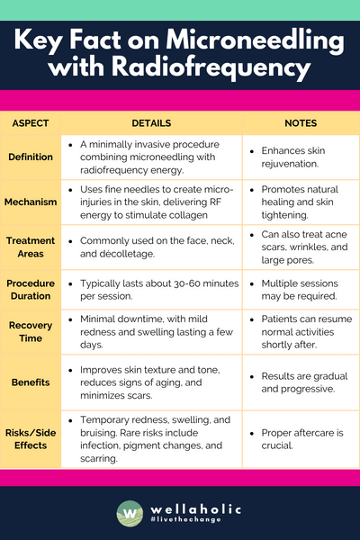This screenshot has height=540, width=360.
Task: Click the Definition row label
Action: click(x=31, y=157)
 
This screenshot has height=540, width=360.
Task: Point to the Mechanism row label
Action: click(x=31, y=202)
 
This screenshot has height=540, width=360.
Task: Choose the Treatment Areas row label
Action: click(x=31, y=247)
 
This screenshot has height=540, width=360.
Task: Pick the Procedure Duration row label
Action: click(x=31, y=289)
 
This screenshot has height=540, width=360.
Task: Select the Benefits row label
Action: click(x=31, y=382)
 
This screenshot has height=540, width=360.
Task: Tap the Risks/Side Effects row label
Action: click(x=31, y=437)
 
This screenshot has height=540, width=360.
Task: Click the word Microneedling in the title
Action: click(x=249, y=41)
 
